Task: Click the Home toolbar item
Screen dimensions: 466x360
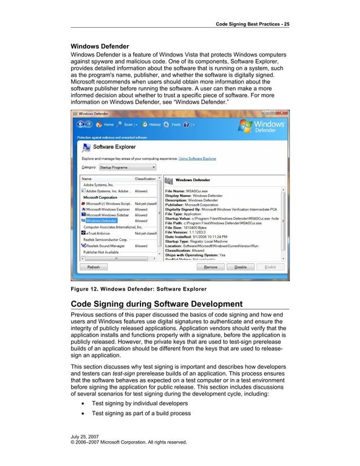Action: tap(105, 125)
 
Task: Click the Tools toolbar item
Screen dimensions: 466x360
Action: tap(175, 125)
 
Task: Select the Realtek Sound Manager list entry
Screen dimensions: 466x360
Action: tap(105, 246)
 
